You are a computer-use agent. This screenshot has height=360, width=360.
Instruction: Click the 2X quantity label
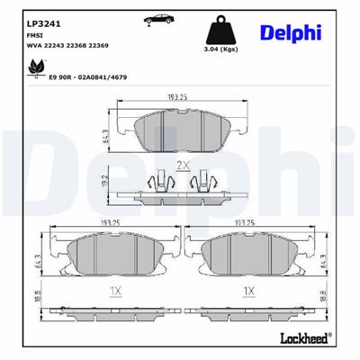pos(183,166)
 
